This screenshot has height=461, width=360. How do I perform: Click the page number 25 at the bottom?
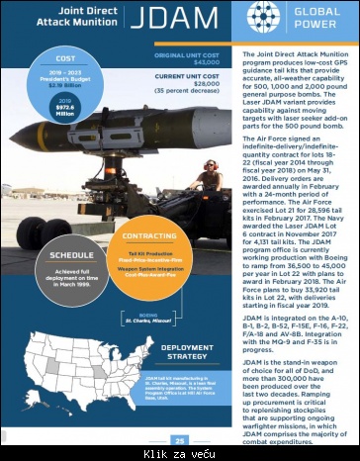pyautogui.click(x=179, y=440)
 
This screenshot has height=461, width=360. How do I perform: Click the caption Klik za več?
pyautogui.click(x=180, y=454)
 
